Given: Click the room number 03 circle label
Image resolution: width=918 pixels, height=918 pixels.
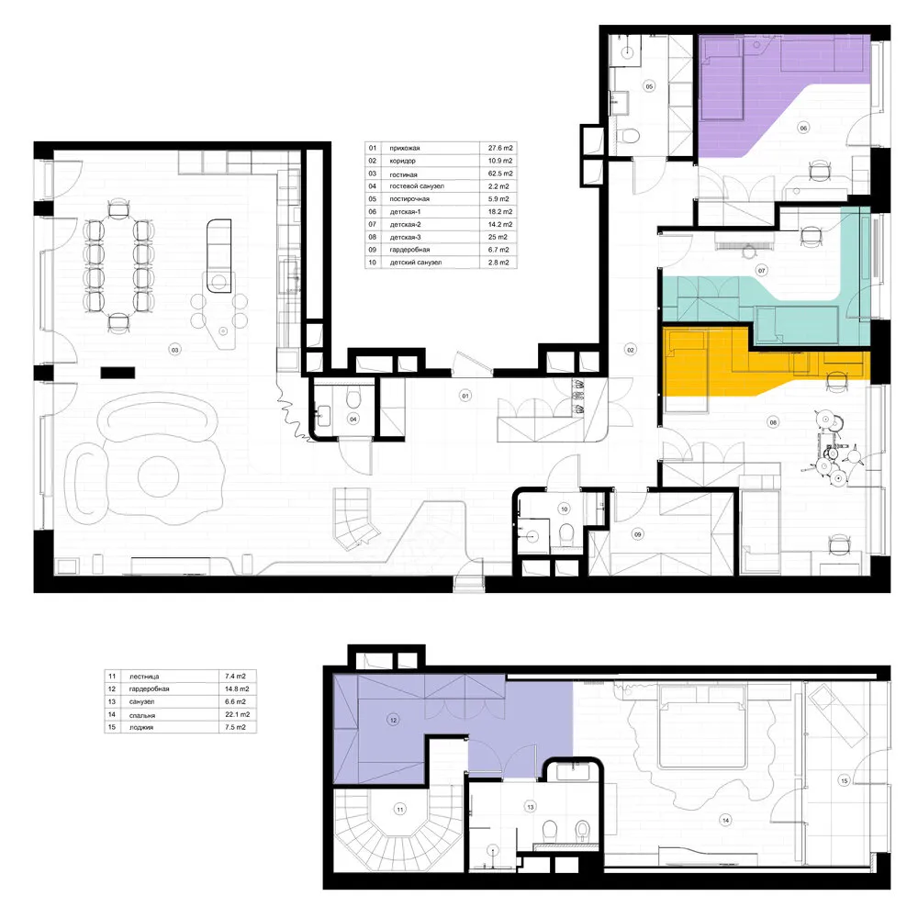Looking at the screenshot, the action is [174, 350].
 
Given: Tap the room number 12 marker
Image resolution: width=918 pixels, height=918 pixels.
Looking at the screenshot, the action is [394, 720].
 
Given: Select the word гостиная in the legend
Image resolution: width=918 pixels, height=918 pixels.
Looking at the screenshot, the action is [403, 174].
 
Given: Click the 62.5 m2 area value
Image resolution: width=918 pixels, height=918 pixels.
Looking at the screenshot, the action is [500, 174].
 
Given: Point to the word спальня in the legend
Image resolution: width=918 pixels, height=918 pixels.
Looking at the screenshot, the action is [141, 715].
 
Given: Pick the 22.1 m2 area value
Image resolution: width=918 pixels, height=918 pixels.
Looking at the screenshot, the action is [237, 715].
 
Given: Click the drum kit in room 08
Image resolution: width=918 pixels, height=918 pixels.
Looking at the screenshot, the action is [833, 449].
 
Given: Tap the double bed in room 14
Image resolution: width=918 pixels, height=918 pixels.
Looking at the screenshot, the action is [703, 726].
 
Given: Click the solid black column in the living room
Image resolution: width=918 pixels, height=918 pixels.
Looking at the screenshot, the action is [118, 373].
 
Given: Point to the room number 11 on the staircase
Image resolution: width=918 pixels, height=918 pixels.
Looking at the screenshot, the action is [400, 810].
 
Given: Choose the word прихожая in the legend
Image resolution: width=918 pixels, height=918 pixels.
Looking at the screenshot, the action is [405, 148].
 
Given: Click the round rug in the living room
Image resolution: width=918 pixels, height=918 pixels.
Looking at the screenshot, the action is [158, 477].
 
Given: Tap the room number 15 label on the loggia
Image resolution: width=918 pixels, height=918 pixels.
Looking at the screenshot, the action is [845, 780].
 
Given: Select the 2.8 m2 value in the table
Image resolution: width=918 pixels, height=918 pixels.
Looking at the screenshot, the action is [498, 263].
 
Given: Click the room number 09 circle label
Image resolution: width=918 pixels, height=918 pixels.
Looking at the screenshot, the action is [638, 534].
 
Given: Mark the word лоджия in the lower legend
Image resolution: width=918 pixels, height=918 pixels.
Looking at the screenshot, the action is [141, 728].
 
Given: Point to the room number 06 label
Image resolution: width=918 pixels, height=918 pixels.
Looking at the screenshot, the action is [803, 128].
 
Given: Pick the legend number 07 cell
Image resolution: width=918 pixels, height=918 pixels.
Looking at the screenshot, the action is [373, 224].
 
